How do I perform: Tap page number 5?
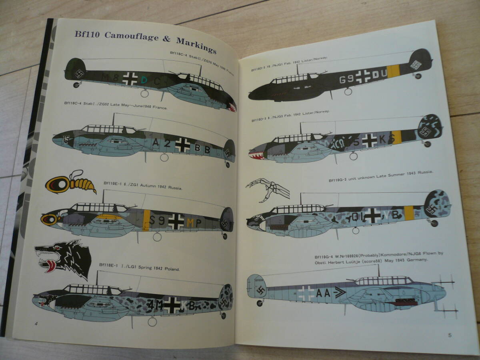[x=450, y=335]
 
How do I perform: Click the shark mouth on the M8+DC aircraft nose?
[x=231, y=106]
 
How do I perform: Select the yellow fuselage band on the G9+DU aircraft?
[x=394, y=71]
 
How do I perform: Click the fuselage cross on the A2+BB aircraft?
[x=182, y=145]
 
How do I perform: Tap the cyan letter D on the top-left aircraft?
[x=144, y=80]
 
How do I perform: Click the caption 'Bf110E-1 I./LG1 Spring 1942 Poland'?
[x=140, y=266]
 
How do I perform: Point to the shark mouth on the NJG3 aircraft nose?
[x=256, y=155]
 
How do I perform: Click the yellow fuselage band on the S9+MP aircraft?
[x=146, y=220]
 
